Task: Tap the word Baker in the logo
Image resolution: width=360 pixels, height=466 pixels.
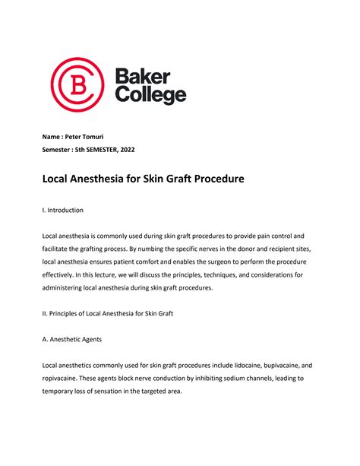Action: pyautogui.click(x=143, y=75)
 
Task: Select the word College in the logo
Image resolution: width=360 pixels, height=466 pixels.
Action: pyautogui.click(x=150, y=96)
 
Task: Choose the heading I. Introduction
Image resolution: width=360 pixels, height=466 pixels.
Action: pyautogui.click(x=62, y=210)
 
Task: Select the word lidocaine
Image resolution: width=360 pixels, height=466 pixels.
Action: pyautogui.click(x=238, y=365)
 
